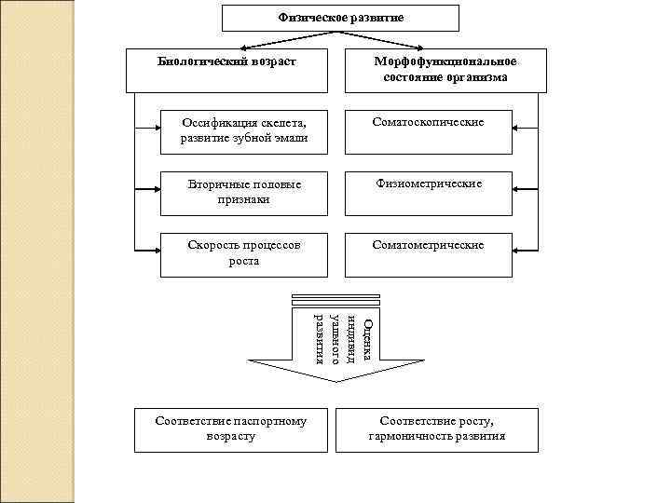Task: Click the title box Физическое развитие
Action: point(341,18)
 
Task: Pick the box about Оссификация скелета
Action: point(243,131)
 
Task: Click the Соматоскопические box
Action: point(429,131)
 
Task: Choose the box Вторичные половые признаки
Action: point(243,192)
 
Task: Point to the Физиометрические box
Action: point(429,192)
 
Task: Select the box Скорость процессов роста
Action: point(243,254)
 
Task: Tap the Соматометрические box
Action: point(429,254)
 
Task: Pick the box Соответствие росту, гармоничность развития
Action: point(437,429)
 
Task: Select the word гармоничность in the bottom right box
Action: point(412,436)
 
